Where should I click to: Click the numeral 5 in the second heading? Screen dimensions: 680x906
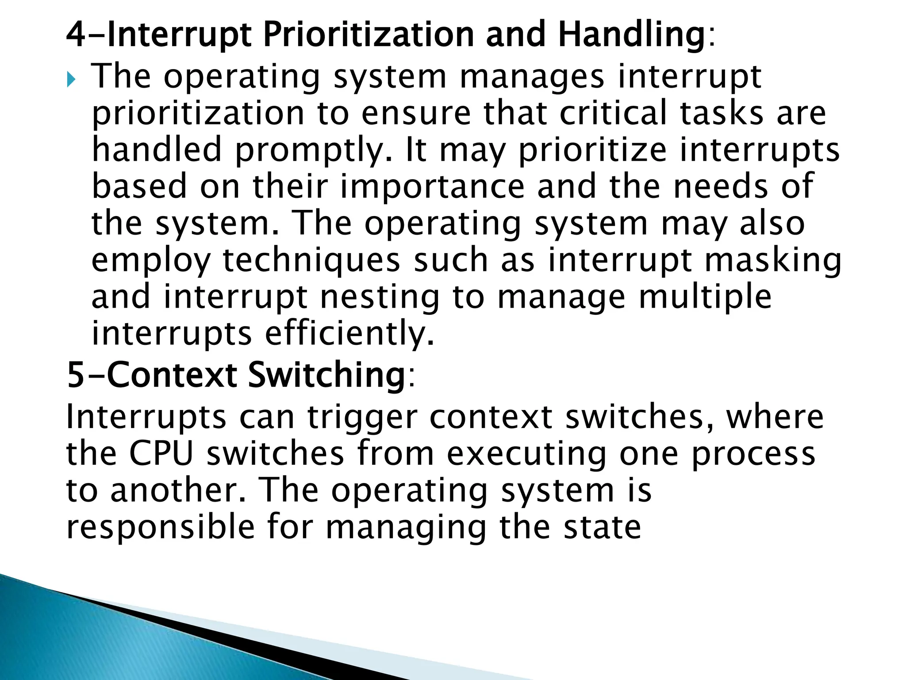pos(76,375)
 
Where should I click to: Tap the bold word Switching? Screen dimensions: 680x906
pos(326,375)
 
